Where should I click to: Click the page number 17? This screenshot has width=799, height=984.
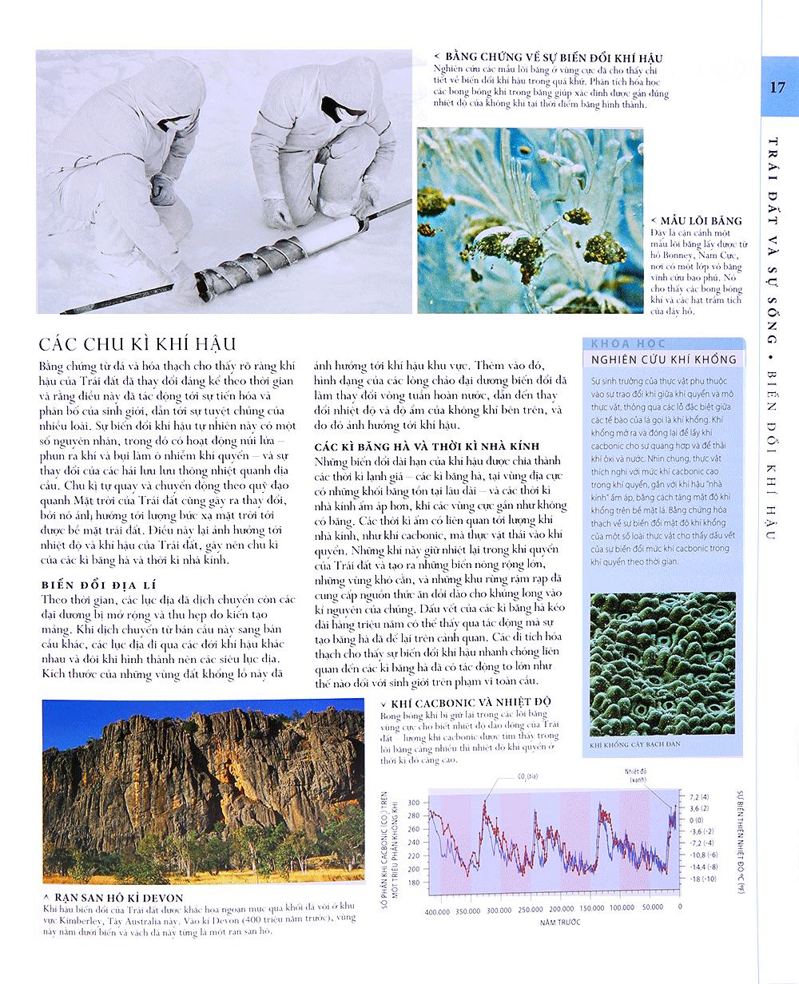tap(777, 87)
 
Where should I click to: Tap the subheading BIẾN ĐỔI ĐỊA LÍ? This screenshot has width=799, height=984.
tap(94, 585)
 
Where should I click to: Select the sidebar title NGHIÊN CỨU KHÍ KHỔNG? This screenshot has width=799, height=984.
tap(663, 359)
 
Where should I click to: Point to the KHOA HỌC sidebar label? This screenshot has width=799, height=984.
tap(617, 343)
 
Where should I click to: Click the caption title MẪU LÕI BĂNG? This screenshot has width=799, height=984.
tap(696, 220)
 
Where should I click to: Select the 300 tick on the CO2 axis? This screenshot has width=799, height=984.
tap(412, 801)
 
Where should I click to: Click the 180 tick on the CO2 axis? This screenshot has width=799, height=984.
tap(412, 883)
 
